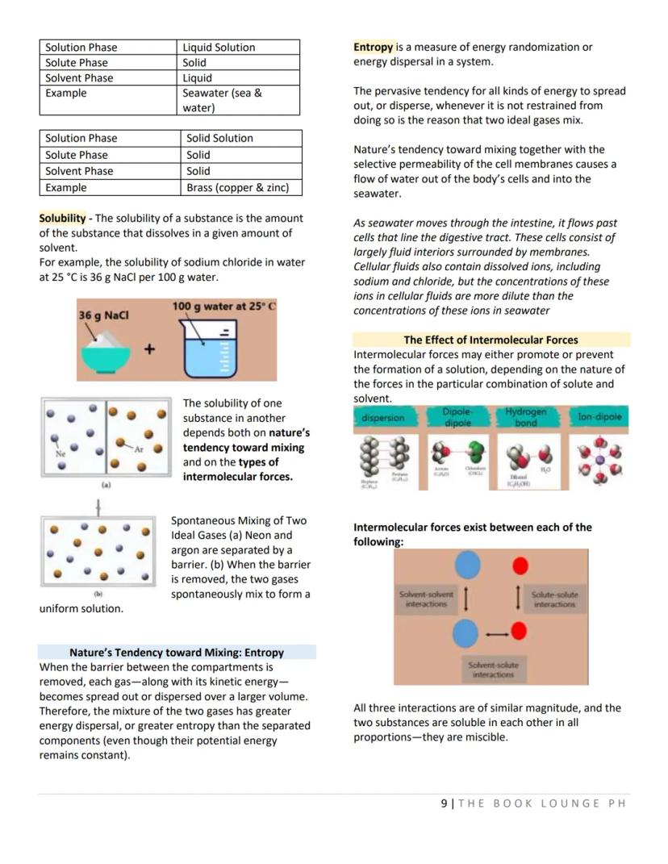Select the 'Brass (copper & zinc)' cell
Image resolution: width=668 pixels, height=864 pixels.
click(237, 188)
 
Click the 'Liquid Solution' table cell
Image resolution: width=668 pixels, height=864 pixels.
click(219, 48)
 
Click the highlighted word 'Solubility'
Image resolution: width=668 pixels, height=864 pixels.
click(62, 219)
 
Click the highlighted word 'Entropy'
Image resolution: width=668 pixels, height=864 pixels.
click(374, 48)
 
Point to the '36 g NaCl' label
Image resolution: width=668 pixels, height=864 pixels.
click(103, 315)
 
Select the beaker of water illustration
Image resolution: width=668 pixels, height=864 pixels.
click(201, 349)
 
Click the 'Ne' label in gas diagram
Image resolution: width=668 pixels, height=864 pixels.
click(60, 454)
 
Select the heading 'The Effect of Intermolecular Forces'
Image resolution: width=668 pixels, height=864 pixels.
click(491, 340)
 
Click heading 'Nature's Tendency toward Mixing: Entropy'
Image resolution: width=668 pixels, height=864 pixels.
click(177, 652)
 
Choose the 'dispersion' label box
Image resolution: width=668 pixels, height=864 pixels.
click(382, 418)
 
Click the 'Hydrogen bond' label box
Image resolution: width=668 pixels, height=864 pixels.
click(525, 417)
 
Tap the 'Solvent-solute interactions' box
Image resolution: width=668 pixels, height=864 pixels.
click(493, 670)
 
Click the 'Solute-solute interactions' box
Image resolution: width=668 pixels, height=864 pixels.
click(554, 599)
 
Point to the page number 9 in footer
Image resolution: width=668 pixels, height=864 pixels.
click(444, 803)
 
